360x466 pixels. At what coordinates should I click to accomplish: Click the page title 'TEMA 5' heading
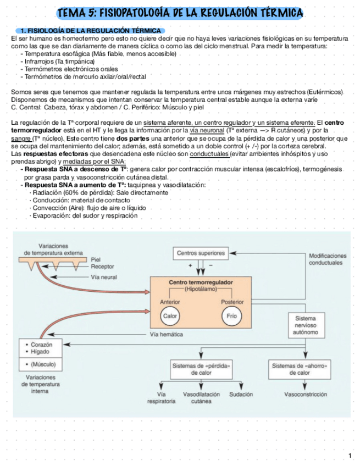click(180, 13)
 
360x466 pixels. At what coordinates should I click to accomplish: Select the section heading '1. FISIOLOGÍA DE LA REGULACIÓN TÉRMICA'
click(89, 31)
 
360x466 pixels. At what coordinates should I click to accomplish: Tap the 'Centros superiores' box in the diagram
click(200, 253)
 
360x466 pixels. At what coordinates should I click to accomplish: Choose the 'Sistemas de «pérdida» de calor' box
click(201, 369)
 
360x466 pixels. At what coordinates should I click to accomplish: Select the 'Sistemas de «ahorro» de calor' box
click(299, 369)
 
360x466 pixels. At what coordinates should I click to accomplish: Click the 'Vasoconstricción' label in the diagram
click(306, 395)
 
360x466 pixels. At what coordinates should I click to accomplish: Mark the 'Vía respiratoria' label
click(162, 398)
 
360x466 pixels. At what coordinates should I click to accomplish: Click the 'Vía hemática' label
click(167, 334)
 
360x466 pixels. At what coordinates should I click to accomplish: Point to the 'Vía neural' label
click(103, 277)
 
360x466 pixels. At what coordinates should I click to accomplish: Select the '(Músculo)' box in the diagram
click(39, 364)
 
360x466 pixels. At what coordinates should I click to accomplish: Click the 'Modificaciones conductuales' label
click(328, 259)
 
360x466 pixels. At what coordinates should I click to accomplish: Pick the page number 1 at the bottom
click(350, 456)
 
